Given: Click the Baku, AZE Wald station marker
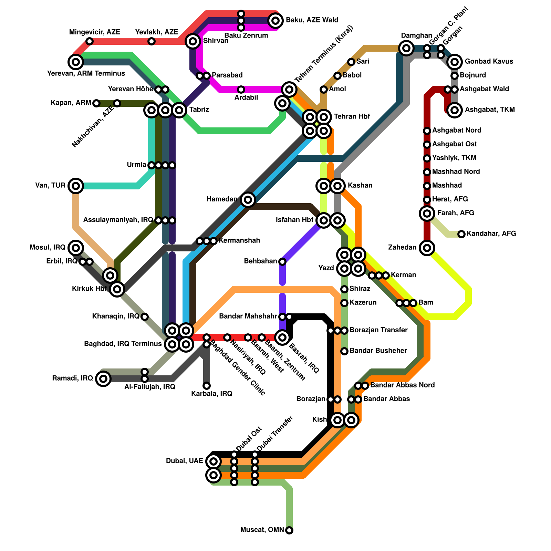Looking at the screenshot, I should click(x=275, y=21).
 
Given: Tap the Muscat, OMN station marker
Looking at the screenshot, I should click(x=289, y=530).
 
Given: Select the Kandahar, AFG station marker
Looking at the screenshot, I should click(x=461, y=234).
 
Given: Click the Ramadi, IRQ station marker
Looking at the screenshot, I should click(x=103, y=379).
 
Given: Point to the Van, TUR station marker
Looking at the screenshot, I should click(x=76, y=186).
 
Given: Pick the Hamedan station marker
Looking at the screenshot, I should click(x=248, y=200).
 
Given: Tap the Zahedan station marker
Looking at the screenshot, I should click(x=427, y=248).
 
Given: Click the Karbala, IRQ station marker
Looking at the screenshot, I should click(x=207, y=385).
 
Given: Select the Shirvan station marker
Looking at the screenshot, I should click(x=193, y=41).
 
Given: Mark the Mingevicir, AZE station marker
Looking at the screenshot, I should click(x=90, y=41).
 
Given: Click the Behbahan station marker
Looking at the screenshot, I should click(x=282, y=262).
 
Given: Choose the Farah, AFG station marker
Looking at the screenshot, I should click(x=427, y=214).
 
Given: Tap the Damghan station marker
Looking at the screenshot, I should click(x=406, y=48).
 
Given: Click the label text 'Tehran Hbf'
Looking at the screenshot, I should click(x=352, y=116).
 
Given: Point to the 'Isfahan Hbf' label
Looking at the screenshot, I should click(x=294, y=220).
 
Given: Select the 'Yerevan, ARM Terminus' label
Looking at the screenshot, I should click(x=86, y=73).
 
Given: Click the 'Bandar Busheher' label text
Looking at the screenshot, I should click(x=378, y=351).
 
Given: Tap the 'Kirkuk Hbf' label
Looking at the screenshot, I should click(x=89, y=289).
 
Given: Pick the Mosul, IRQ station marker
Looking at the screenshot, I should click(x=76, y=248).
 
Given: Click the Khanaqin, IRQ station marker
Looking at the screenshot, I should click(x=145, y=316).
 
